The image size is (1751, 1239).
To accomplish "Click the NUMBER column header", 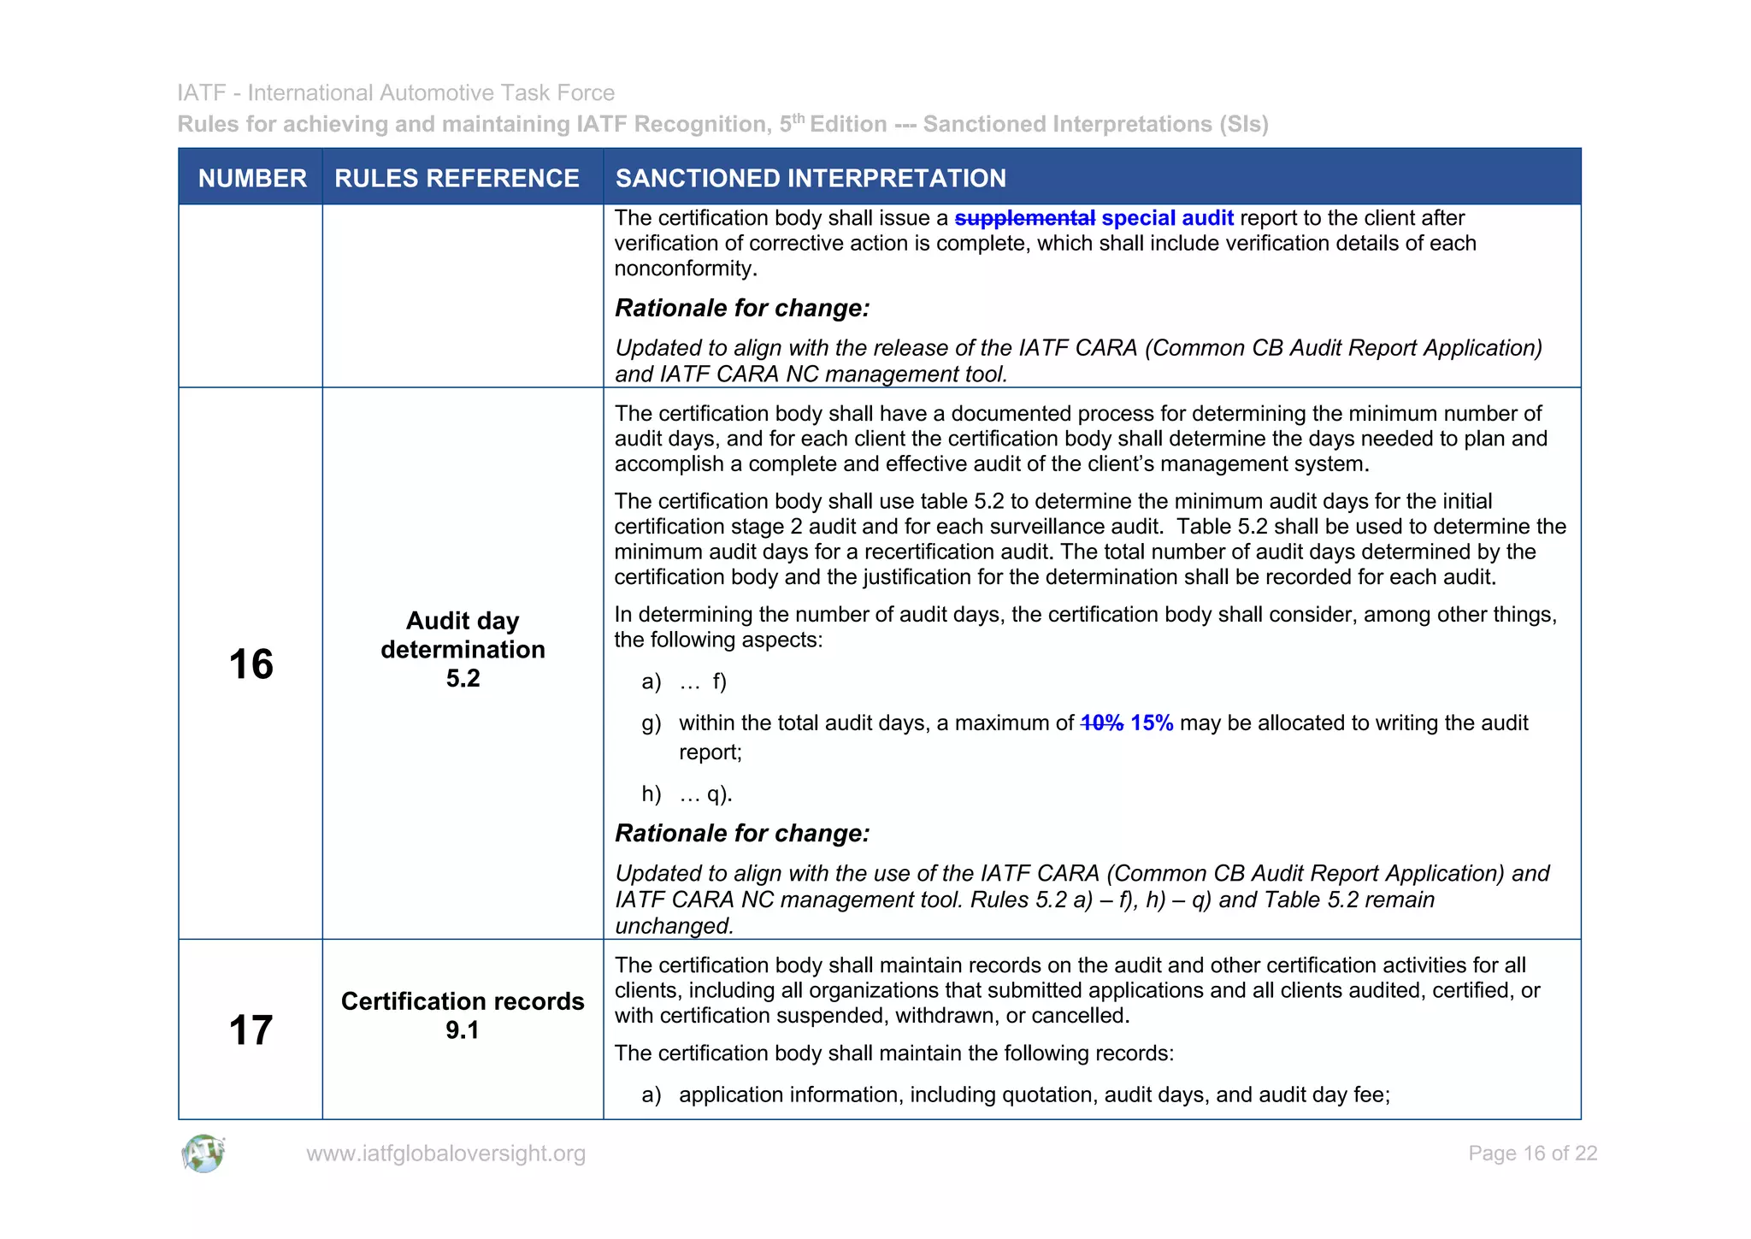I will coord(251,178).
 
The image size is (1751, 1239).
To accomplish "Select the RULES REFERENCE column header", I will coord(457,178).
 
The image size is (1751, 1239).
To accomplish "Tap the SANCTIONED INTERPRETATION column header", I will coord(811,178).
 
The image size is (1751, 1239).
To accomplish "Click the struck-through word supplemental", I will coord(1024,218).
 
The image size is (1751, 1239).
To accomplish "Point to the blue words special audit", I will coord(1167,218).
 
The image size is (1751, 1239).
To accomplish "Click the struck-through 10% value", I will coord(1101,723).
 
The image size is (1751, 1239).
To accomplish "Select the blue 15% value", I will coord(1151,723).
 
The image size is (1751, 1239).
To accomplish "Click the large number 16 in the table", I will coord(251,664).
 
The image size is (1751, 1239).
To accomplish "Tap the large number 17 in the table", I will coord(251,1030).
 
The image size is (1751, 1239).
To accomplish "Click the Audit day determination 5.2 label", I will coord(463,649).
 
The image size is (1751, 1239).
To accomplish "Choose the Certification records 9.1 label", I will coord(463,1014).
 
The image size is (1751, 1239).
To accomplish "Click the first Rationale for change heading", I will coord(742,308).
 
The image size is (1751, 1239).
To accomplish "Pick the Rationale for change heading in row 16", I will coord(742,833).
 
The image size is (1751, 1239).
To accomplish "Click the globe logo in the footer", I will coord(203,1153).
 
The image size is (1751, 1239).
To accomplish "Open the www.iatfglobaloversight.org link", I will coord(445,1153).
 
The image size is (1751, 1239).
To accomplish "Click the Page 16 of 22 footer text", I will coord(1532,1153).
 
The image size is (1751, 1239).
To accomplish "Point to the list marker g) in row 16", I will coord(651,723).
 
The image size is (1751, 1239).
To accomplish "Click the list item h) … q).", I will coord(687,794).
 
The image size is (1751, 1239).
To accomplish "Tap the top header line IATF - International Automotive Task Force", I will coord(396,92).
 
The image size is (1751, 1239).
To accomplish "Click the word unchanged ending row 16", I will coord(674,926).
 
